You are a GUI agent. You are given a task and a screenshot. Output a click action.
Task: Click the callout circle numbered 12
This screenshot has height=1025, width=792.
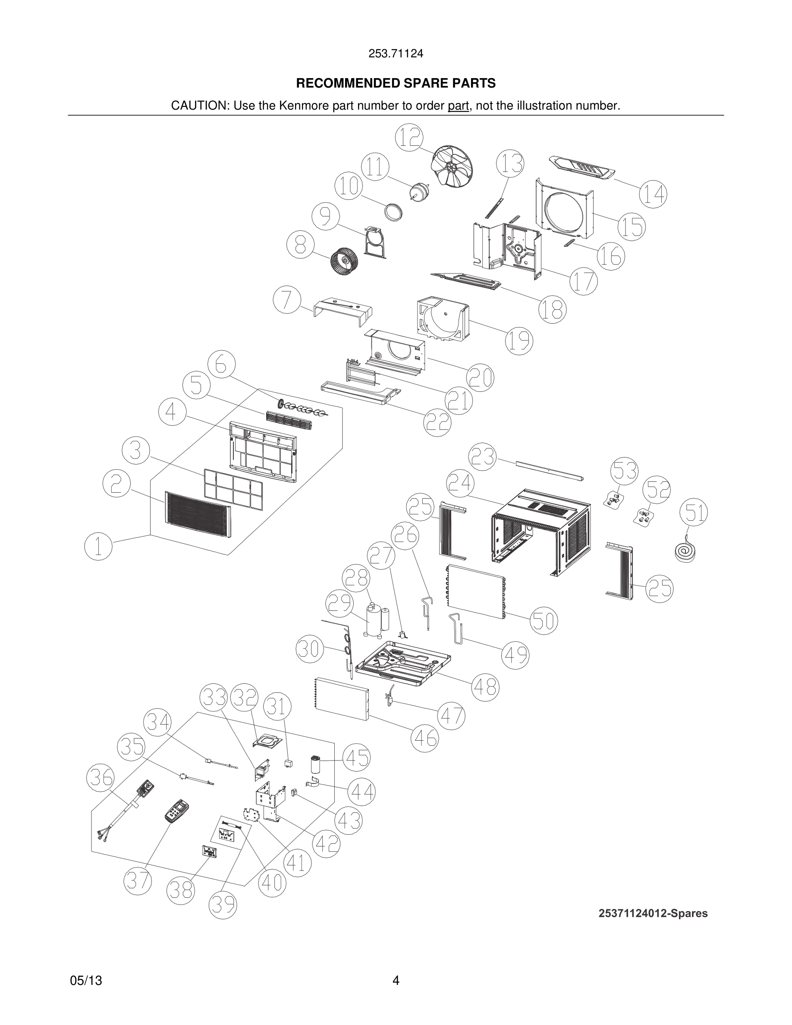(x=409, y=138)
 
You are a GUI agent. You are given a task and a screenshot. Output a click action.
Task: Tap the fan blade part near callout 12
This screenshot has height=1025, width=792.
(x=451, y=168)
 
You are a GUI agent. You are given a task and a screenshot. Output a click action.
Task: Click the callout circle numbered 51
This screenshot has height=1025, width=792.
(x=694, y=512)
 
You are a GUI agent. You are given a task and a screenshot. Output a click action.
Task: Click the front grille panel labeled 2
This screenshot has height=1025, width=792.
(x=198, y=515)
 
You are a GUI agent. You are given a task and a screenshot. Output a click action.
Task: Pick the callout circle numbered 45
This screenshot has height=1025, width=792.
(x=357, y=758)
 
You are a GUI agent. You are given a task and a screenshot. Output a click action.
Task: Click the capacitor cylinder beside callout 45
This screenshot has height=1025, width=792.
(x=317, y=764)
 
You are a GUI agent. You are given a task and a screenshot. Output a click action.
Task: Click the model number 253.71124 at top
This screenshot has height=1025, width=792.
(x=396, y=53)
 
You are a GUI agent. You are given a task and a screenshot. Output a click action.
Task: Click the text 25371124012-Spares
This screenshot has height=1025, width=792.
(x=653, y=913)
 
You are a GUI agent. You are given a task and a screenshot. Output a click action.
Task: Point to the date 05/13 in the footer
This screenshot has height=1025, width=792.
(x=86, y=981)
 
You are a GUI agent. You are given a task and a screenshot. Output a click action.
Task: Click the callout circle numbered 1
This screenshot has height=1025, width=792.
(x=98, y=547)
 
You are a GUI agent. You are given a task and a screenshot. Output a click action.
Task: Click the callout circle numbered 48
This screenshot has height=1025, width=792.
(x=485, y=687)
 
